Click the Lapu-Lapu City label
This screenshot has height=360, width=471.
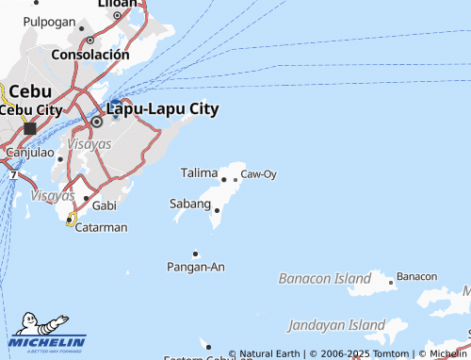coord(162,109)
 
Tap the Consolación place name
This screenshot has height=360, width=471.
coord(89,55)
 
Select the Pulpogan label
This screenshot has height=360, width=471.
coord(50,21)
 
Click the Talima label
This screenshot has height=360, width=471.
coord(199,173)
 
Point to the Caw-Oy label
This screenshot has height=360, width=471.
coord(258,174)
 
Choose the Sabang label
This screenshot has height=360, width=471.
coord(189,204)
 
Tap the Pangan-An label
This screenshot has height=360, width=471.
coord(196,268)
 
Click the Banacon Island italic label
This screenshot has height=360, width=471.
coord(325,279)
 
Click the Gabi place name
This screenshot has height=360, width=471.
coord(105,205)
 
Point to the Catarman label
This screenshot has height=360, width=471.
coord(101,227)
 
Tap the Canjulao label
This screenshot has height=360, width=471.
coord(29,152)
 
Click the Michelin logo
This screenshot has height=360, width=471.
coord(47,332)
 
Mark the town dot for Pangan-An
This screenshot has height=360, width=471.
coord(196,254)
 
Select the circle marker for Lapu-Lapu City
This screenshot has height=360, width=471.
coord(96,122)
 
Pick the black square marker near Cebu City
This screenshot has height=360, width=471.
coord(30,127)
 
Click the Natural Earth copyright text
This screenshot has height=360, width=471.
coord(268,354)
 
